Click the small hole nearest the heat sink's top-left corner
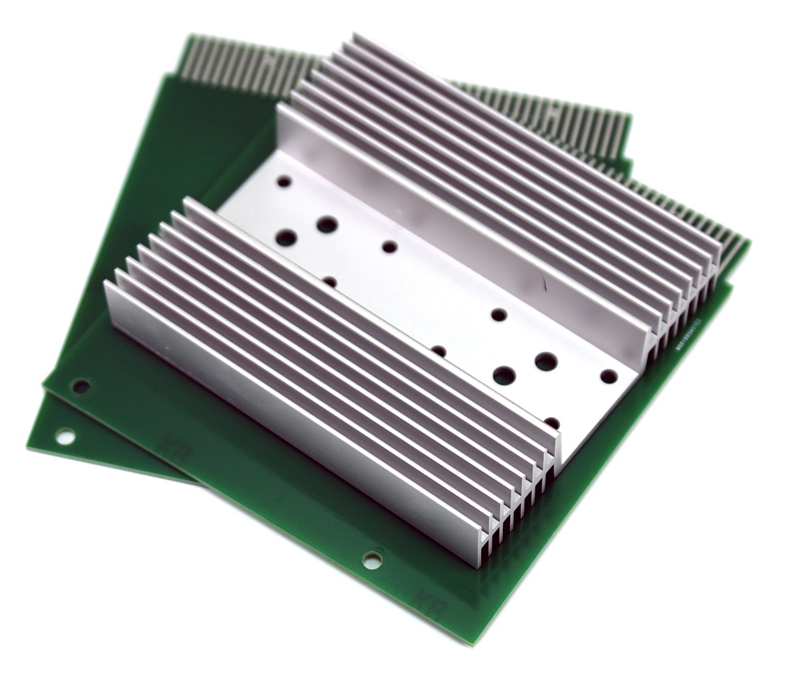[x=285, y=179]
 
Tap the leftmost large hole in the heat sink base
[x=288, y=237]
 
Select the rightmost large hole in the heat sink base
[x=546, y=361]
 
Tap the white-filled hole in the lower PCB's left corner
[x=65, y=435]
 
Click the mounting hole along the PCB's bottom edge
[x=371, y=558]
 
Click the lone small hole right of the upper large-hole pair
[x=390, y=247]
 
